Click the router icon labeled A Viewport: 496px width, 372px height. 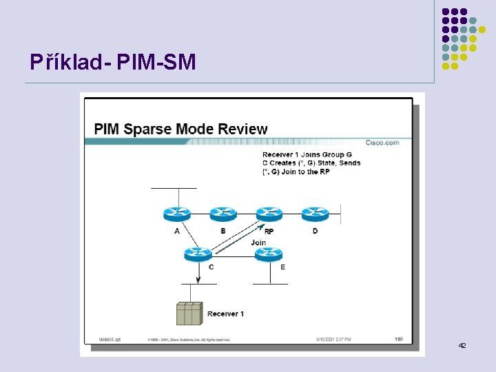click(177, 214)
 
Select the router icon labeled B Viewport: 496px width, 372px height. click(223, 214)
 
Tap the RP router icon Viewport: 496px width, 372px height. click(269, 214)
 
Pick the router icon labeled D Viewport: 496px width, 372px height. click(315, 214)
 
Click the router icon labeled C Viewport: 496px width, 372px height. click(198, 254)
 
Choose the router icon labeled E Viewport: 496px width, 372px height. click(269, 254)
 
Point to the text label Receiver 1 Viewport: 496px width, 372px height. click(225, 314)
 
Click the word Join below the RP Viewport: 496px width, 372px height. click(258, 242)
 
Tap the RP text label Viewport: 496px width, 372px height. click(269, 231)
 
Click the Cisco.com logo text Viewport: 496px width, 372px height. click(382, 143)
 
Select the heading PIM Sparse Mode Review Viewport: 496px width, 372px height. click(180, 129)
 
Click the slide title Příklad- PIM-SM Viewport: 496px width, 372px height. click(113, 63)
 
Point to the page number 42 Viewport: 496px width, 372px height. click(462, 344)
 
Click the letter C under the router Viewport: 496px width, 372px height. click(211, 267)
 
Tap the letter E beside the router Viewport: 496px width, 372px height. click(282, 267)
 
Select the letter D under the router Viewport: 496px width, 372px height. click(315, 231)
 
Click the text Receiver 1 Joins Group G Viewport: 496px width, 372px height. click(307, 154)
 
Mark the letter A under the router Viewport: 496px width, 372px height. click(177, 231)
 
